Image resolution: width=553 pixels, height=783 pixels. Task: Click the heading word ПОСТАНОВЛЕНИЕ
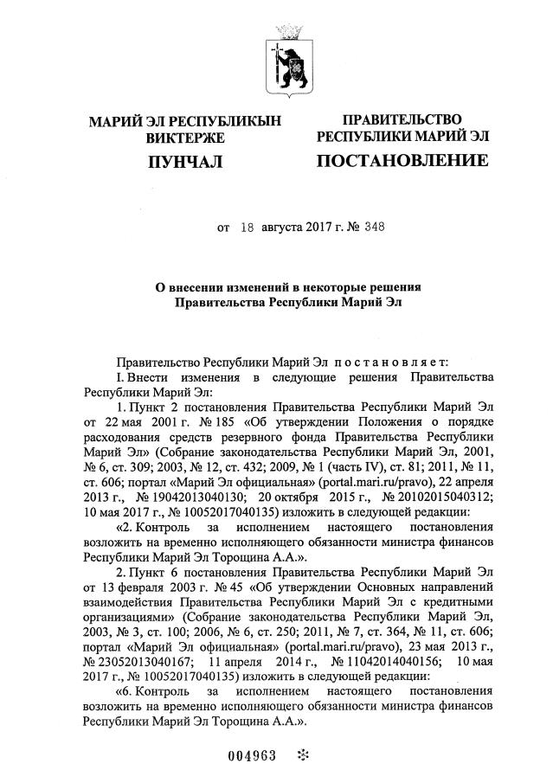pyautogui.click(x=402, y=161)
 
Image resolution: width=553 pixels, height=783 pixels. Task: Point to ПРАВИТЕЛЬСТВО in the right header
pyautogui.click(x=402, y=119)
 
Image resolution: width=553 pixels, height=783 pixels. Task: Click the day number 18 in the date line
pyautogui.click(x=248, y=228)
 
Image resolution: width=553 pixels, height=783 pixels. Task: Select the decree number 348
pyautogui.click(x=373, y=228)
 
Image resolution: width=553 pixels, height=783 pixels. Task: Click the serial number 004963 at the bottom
pyautogui.click(x=252, y=755)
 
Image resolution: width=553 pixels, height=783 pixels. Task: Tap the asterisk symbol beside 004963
pyautogui.click(x=302, y=754)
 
